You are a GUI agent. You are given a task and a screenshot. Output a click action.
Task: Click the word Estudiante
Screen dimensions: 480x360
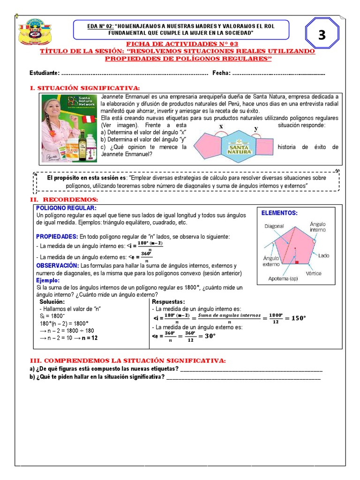[44, 73]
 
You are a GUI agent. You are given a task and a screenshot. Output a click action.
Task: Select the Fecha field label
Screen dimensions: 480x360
[221, 73]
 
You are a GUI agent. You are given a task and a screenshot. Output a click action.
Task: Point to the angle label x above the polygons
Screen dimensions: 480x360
[221, 127]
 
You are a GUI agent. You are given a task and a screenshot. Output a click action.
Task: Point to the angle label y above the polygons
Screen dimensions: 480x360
[256, 128]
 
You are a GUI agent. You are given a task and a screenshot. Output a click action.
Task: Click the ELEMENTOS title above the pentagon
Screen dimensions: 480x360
[279, 213]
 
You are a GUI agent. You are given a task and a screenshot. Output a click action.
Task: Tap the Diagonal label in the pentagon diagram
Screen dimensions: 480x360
[274, 226]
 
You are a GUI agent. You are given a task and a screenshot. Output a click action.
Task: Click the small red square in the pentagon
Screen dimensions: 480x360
[297, 263]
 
